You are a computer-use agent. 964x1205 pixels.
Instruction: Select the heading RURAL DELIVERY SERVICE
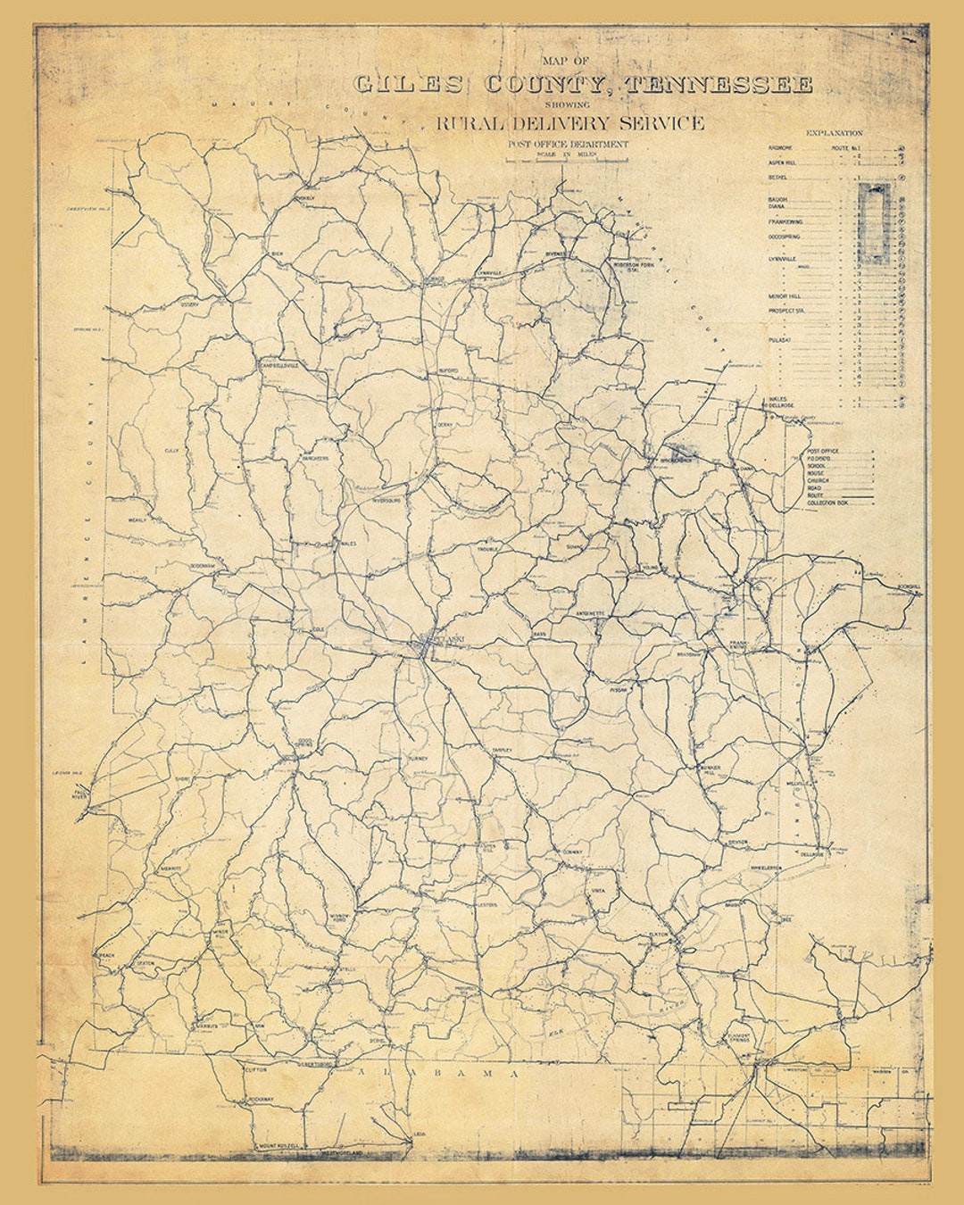(x=569, y=123)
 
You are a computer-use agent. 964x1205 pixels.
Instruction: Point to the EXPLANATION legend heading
(x=834, y=133)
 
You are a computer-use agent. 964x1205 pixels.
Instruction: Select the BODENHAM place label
(x=204, y=566)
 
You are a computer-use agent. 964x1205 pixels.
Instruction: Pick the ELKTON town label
(x=658, y=934)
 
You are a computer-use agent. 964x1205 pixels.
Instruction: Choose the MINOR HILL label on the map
(x=221, y=933)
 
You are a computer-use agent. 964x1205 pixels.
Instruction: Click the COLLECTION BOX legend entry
(x=827, y=503)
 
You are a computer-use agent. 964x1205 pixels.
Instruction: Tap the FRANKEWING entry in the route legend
(x=785, y=221)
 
